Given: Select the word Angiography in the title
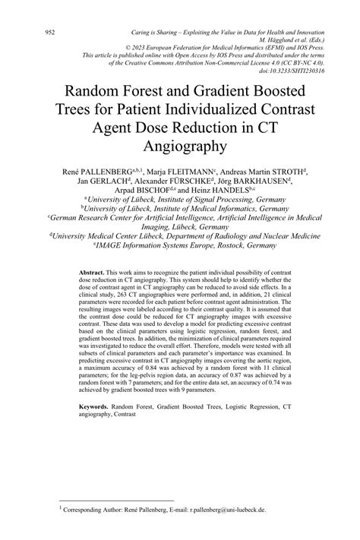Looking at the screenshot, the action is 180,144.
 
